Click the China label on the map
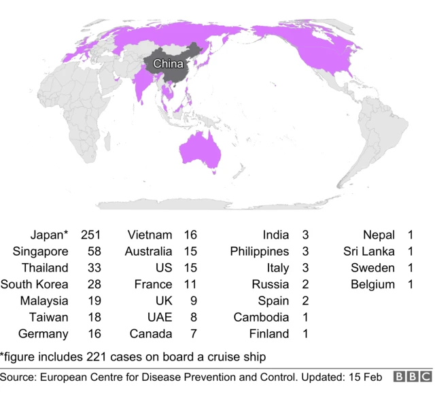168,64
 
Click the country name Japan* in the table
49,235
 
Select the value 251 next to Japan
90,235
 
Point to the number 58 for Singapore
93,252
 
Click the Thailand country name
45,268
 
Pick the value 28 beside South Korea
93,284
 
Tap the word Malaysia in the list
44,301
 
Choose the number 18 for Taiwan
93,317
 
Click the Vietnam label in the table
150,235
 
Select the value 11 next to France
190,284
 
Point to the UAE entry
160,317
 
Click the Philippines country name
260,252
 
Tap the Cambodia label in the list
262,317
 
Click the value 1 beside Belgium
411,284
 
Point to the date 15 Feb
363,377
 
